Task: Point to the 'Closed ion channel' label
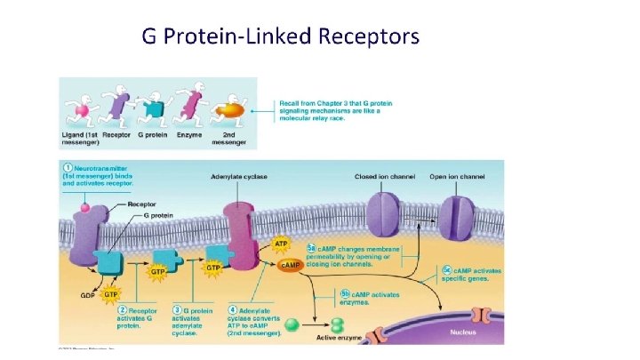tap(385, 177)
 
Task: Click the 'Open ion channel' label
tap(458, 177)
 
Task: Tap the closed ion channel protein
tap(384, 215)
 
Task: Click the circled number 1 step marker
tap(67, 166)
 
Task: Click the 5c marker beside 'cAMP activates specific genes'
tap(446, 269)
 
